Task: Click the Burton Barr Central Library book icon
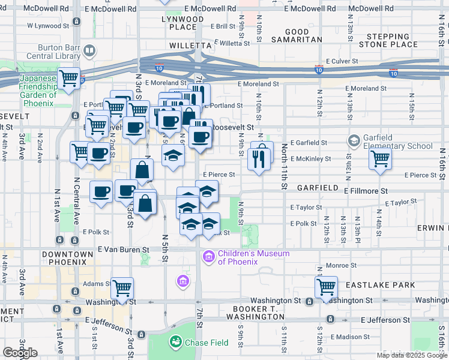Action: (90, 50)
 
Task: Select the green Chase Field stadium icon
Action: (176, 342)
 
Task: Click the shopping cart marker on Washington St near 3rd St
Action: (122, 288)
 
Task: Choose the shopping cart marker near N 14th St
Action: (381, 159)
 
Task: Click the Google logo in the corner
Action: (20, 353)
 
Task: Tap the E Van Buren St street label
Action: (124, 250)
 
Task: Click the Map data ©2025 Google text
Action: (411, 355)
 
